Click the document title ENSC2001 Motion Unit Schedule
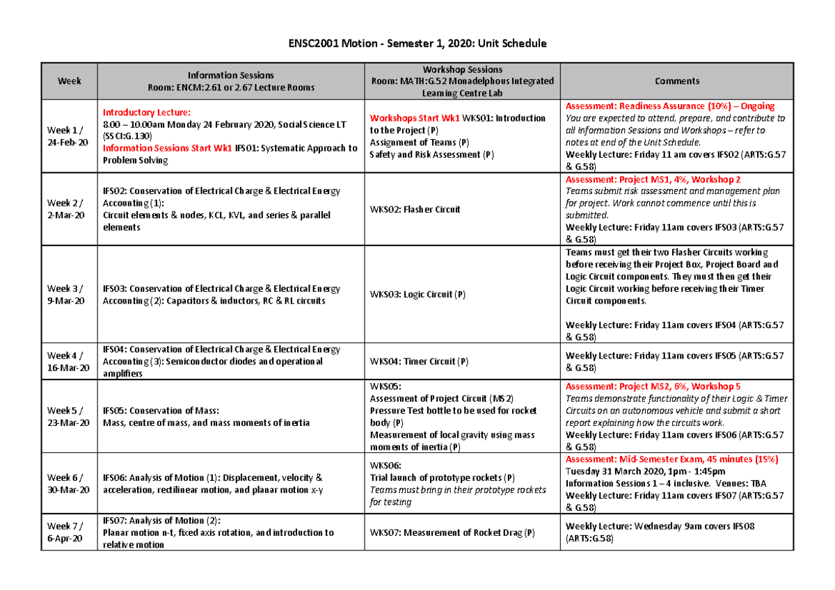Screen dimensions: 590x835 [417, 43]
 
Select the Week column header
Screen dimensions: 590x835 [70, 81]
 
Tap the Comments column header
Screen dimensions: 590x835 [676, 81]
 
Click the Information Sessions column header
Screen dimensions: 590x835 [230, 81]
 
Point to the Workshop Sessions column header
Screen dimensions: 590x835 [462, 81]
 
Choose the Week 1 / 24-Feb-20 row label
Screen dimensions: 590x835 [67, 136]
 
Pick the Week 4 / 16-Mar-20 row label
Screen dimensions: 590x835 [67, 361]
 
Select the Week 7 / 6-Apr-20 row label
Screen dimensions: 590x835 [67, 532]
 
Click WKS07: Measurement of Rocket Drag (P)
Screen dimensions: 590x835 [452, 533]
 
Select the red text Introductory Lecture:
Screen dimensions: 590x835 [146, 113]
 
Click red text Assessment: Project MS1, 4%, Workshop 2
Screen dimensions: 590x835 [653, 179]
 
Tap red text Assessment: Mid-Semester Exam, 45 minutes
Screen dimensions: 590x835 [671, 460]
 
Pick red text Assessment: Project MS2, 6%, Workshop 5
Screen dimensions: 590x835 [653, 386]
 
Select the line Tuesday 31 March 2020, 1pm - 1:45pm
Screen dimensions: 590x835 [643, 472]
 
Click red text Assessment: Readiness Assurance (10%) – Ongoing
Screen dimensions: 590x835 [670, 106]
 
